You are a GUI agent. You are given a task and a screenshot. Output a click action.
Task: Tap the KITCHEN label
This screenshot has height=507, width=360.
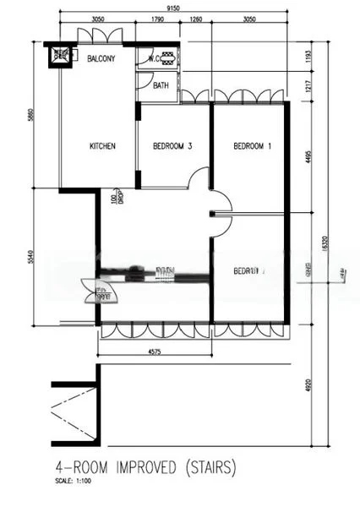(x=102, y=146)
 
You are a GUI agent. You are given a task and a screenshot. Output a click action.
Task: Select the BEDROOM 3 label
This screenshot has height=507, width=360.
(x=172, y=146)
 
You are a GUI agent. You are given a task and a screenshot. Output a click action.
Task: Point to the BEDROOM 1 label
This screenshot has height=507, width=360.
(x=253, y=146)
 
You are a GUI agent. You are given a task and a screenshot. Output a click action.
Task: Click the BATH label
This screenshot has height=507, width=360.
(x=161, y=85)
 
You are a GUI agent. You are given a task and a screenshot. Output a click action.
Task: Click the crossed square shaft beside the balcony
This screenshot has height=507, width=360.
(x=61, y=56)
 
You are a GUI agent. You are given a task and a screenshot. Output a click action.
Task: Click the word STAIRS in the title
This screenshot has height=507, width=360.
(x=211, y=466)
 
